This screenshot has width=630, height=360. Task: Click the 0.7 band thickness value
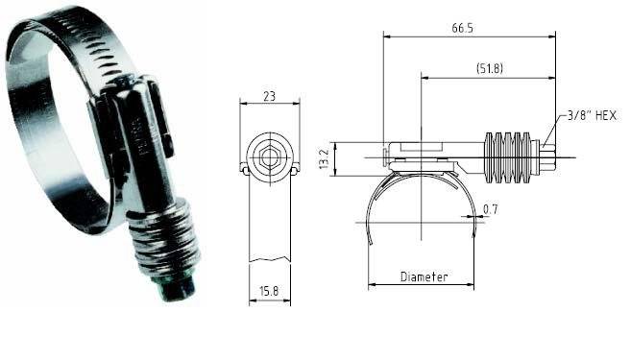[x=491, y=207]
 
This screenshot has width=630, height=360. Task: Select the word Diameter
[x=424, y=276]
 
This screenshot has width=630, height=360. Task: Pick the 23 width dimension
[x=268, y=96]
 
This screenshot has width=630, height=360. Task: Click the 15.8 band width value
[x=268, y=290]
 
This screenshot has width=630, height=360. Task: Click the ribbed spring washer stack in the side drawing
[x=510, y=153]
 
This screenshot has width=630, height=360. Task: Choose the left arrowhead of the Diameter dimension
[x=373, y=285]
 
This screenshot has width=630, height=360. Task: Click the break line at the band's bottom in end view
[x=269, y=260]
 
